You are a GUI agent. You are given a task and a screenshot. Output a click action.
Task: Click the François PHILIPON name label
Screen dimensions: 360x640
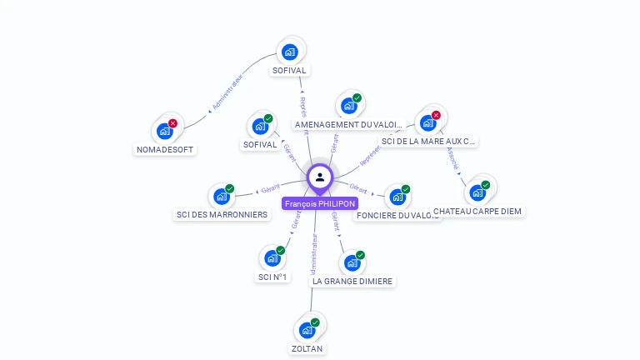pyautogui.click(x=320, y=203)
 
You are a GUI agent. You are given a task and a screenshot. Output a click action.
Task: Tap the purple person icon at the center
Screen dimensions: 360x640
pyautogui.click(x=320, y=177)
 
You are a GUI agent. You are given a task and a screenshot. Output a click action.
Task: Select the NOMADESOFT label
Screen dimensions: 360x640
pyautogui.click(x=164, y=150)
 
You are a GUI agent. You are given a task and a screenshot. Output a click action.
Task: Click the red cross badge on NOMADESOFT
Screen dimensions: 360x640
pyautogui.click(x=172, y=123)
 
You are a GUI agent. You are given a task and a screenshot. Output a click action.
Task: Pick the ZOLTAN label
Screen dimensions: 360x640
pyautogui.click(x=307, y=348)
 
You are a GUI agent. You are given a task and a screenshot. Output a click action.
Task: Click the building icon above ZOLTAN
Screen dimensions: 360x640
pyautogui.click(x=307, y=330)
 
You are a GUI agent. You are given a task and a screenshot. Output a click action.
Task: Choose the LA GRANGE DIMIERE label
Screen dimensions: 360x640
pyautogui.click(x=352, y=282)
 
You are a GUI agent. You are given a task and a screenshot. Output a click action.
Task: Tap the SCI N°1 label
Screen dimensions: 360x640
pyautogui.click(x=273, y=277)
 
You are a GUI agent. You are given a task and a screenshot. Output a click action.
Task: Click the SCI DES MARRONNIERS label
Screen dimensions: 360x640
pyautogui.click(x=222, y=214)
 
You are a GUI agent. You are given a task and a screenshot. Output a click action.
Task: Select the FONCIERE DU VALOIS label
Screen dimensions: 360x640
pyautogui.click(x=397, y=215)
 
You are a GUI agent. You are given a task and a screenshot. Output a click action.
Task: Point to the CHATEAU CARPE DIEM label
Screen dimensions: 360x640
pyautogui.click(x=477, y=211)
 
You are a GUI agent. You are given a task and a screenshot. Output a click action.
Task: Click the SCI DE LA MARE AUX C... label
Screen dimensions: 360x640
pyautogui.click(x=428, y=142)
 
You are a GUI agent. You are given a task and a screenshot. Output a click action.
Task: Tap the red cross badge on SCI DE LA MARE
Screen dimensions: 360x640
pyautogui.click(x=435, y=115)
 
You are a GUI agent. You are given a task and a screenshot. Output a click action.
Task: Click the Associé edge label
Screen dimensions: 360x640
pyautogui.click(x=452, y=158)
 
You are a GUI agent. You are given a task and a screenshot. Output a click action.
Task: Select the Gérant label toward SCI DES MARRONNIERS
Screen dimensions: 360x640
pyautogui.click(x=270, y=189)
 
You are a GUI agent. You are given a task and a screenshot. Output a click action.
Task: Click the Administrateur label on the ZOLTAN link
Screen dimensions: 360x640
pyautogui.click(x=313, y=254)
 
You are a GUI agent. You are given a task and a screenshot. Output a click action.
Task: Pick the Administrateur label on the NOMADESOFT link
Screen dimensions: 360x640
pyautogui.click(x=226, y=94)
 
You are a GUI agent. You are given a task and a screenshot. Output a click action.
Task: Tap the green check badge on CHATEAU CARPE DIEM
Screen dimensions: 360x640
pyautogui.click(x=485, y=185)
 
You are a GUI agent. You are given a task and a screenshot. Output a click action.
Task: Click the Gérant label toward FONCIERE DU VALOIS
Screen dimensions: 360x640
pyautogui.click(x=358, y=189)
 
